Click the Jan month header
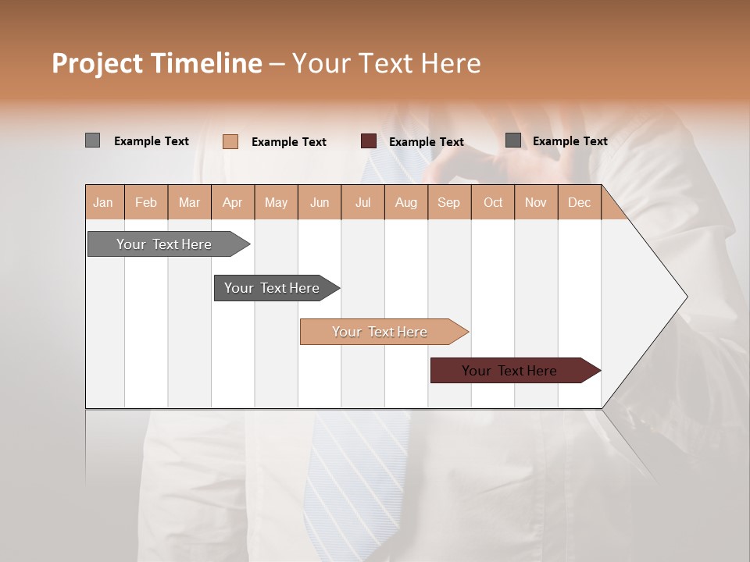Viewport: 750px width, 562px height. [x=103, y=202]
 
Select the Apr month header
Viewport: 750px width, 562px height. [x=233, y=202]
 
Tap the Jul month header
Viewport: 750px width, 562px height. [x=362, y=202]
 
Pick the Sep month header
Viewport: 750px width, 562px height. [x=449, y=202]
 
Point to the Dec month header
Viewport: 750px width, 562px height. [x=579, y=202]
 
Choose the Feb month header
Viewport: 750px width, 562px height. [x=146, y=202]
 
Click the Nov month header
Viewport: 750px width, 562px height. [x=536, y=202]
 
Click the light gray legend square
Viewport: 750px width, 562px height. [x=93, y=140]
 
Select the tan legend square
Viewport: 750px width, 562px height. [x=230, y=141]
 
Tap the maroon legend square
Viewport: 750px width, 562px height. [x=369, y=141]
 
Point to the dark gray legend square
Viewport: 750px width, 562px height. [x=513, y=140]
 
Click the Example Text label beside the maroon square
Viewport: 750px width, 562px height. [x=427, y=142]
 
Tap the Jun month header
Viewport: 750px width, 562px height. [x=320, y=202]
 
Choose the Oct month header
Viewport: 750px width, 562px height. [x=493, y=202]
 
